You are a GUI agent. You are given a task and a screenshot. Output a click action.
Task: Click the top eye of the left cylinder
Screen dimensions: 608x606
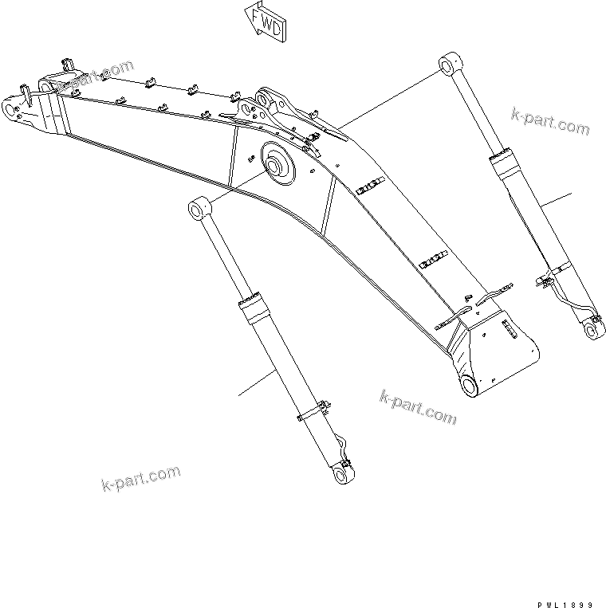point(198,210)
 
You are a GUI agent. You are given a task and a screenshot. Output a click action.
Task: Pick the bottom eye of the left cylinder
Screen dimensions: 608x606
point(344,475)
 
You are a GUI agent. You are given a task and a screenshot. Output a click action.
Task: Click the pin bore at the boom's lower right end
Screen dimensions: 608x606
point(468,386)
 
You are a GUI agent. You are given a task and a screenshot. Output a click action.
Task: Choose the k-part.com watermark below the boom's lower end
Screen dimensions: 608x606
point(419,406)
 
